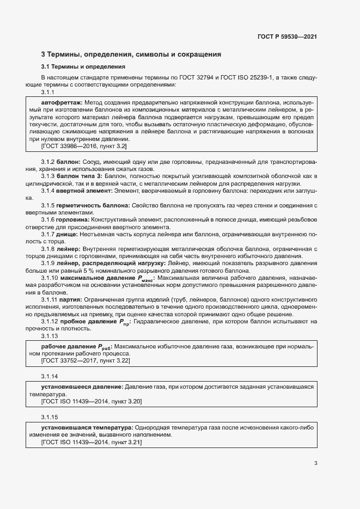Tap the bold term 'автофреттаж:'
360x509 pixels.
coord(62,102)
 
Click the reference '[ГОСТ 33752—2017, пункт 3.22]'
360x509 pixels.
coord(86,360)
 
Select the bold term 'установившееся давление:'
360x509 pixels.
coord(82,387)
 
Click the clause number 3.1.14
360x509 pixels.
coord(50,376)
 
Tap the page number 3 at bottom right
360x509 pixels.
coord(315,464)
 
